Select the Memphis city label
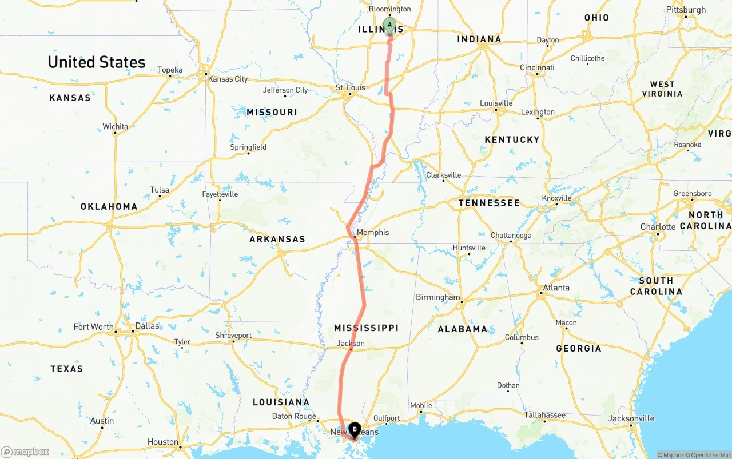pos(373,232)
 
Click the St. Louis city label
pos(350,87)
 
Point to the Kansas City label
pos(228,79)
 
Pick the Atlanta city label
pos(556,288)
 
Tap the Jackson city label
pos(351,344)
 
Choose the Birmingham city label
pos(438,297)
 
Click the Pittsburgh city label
pos(686,10)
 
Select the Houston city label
pos(163,442)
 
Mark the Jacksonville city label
pos(631,418)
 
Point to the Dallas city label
pos(148,326)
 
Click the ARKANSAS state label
pos(277,239)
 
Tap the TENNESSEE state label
pos(489,203)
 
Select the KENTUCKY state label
pos(512,139)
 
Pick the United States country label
pos(97,62)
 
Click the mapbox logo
pos(26,452)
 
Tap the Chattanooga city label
pos(511,235)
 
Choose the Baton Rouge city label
pos(294,416)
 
